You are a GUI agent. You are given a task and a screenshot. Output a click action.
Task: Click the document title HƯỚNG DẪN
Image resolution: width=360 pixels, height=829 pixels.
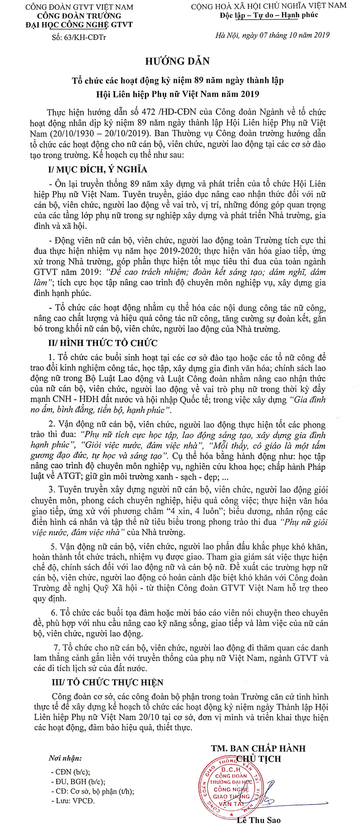177,61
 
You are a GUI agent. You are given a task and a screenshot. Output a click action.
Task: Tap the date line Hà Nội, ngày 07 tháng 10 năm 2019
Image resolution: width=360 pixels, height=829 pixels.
272,35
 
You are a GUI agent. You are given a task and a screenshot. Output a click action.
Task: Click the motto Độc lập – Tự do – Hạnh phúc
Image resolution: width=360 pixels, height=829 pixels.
269,15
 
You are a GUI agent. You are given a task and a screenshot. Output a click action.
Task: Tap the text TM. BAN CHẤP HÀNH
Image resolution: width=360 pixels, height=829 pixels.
258,748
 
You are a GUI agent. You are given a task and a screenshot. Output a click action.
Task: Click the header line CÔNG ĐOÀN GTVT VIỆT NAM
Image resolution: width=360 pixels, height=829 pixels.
79,7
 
